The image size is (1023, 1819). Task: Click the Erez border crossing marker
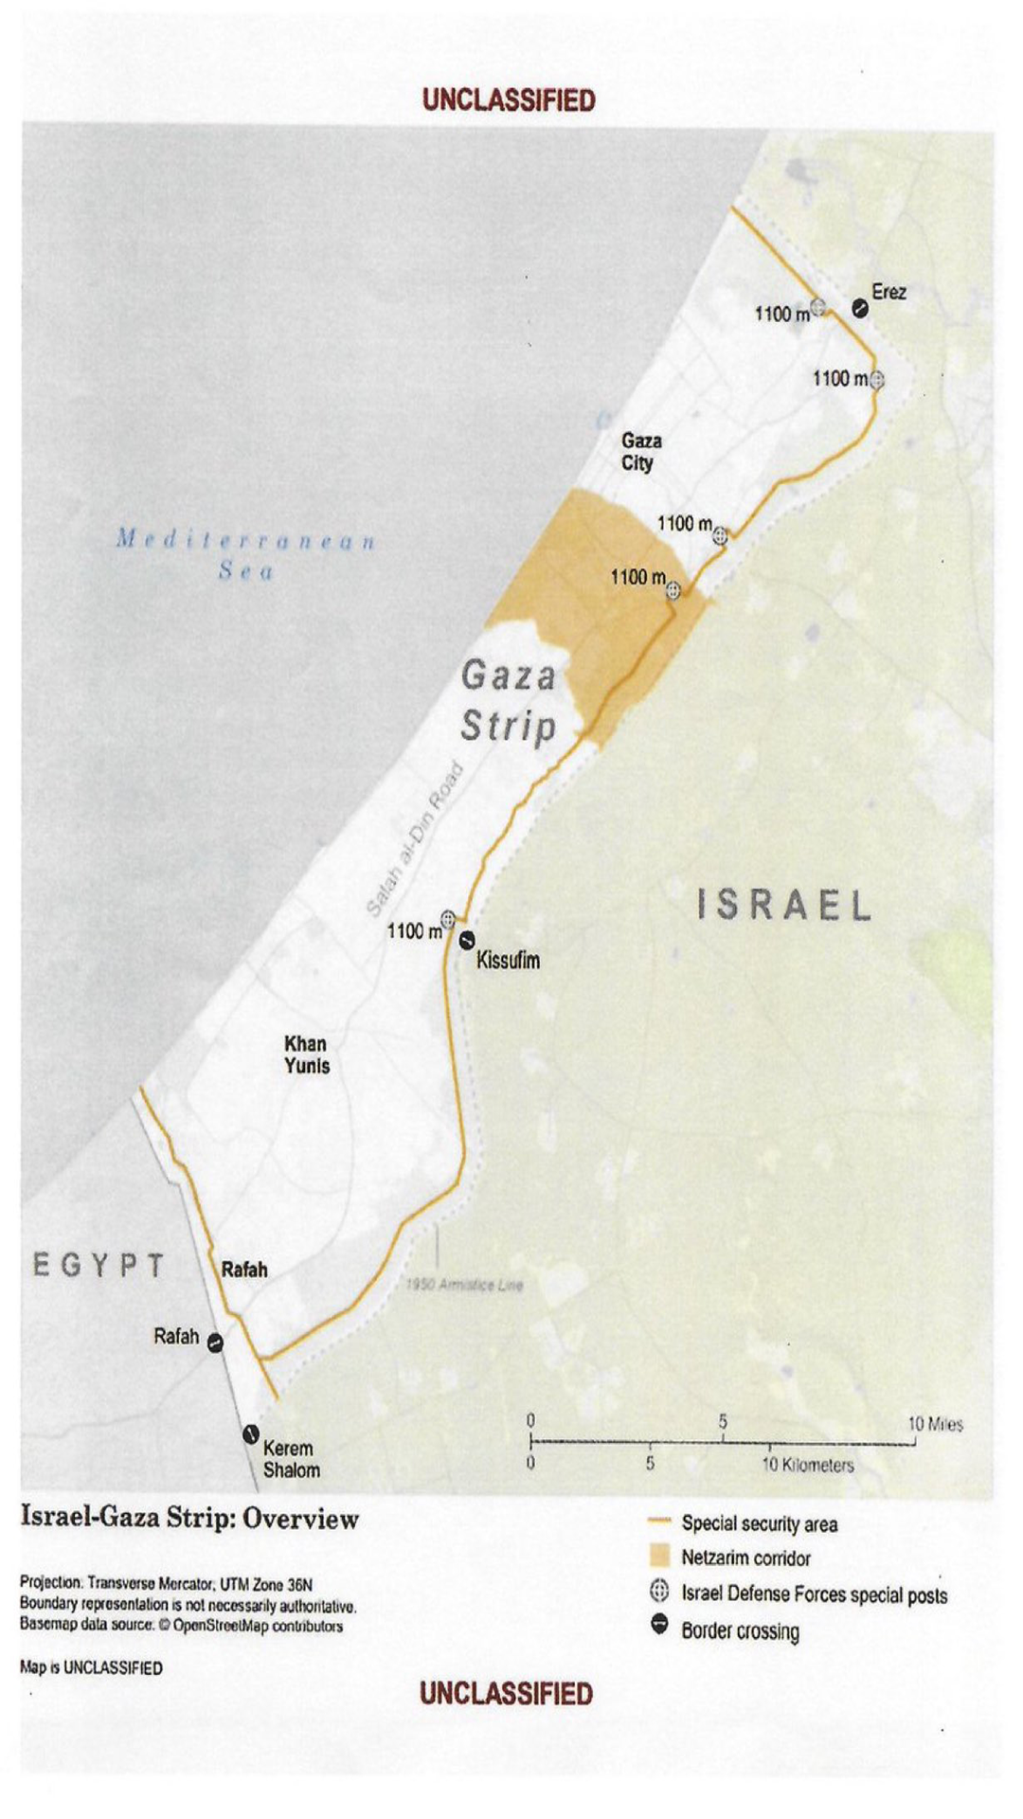(x=859, y=308)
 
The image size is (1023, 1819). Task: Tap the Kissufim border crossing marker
(x=467, y=941)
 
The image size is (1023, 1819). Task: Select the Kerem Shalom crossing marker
(x=251, y=1434)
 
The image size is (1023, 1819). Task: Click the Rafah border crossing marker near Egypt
(x=216, y=1342)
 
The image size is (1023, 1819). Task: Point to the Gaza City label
(x=641, y=452)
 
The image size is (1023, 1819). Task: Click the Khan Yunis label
(x=307, y=1054)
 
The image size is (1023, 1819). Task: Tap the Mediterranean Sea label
(x=246, y=555)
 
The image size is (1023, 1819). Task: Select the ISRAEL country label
(x=784, y=906)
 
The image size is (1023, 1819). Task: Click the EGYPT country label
(x=99, y=1266)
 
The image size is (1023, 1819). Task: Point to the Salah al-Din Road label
(x=414, y=839)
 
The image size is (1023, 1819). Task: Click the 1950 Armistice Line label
(x=464, y=1285)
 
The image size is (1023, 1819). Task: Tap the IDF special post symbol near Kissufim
(x=448, y=919)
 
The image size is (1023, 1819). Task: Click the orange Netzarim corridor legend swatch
(x=659, y=1557)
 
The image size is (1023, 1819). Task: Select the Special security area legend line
(x=659, y=1522)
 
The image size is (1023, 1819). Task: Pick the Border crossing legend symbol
(x=660, y=1627)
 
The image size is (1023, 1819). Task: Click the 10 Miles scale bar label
(x=935, y=1424)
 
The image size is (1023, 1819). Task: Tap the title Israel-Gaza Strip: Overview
(x=190, y=1519)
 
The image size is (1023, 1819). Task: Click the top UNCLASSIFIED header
(x=509, y=100)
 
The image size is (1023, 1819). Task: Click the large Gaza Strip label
(x=509, y=701)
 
